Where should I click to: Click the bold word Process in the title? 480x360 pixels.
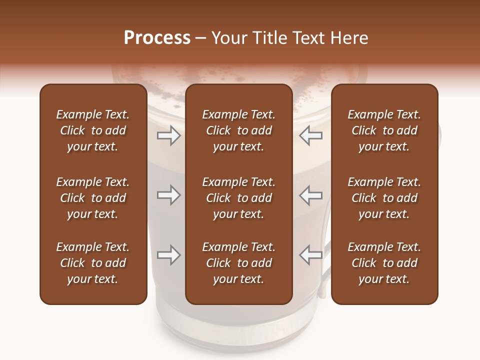[157, 38]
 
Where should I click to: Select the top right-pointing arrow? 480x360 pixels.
[168, 135]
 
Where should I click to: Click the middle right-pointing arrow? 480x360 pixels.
[168, 195]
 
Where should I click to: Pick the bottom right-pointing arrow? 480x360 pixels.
[168, 255]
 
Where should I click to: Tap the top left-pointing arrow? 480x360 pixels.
[311, 135]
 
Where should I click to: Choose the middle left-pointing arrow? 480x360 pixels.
[311, 195]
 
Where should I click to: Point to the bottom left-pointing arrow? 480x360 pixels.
[311, 255]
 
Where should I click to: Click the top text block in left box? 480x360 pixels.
[93, 130]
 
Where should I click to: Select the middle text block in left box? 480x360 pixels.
[93, 198]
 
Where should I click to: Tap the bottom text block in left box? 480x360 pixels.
[93, 263]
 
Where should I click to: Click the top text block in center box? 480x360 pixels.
[238, 130]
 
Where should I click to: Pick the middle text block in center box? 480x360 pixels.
[238, 198]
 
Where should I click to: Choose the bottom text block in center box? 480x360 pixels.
[238, 263]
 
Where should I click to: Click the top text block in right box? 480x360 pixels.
[384, 130]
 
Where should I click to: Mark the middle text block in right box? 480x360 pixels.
[384, 198]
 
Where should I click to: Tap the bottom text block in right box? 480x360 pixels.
[384, 263]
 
